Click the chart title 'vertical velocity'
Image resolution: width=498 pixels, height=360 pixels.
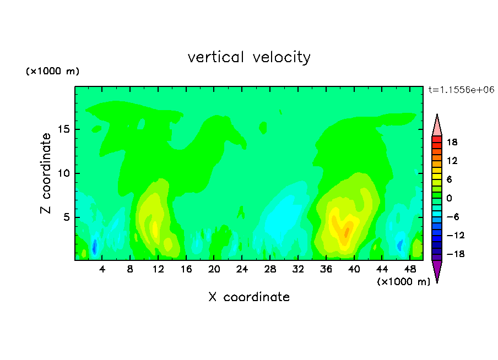[x=249, y=57]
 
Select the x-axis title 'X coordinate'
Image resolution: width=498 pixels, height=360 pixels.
[x=249, y=297]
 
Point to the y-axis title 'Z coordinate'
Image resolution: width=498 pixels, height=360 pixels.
[x=46, y=173]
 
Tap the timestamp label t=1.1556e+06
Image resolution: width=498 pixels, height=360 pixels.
[x=461, y=90]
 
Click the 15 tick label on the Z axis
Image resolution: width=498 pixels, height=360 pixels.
[x=63, y=129]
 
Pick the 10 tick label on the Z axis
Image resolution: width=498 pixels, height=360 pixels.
[x=63, y=173]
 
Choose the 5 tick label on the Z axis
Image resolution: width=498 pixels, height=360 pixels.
[x=67, y=217]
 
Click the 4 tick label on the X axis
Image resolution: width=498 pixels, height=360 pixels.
[x=102, y=269]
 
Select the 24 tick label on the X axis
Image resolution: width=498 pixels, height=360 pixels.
[x=242, y=269]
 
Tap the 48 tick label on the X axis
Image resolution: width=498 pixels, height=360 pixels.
[x=410, y=269]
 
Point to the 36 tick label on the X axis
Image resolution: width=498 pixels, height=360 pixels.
[x=326, y=269]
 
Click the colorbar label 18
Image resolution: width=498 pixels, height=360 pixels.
[x=452, y=142]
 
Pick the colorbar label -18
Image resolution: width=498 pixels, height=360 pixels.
[x=456, y=254]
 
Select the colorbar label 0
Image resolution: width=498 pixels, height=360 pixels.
[x=449, y=198]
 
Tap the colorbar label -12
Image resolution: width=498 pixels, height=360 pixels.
[x=456, y=235]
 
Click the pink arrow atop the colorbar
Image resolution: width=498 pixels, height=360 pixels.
[x=437, y=126]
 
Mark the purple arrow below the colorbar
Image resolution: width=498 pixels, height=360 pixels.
[x=437, y=270]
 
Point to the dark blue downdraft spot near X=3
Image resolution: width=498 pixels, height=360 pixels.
[x=94, y=247]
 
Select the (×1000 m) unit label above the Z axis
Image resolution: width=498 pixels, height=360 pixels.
[x=53, y=71]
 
